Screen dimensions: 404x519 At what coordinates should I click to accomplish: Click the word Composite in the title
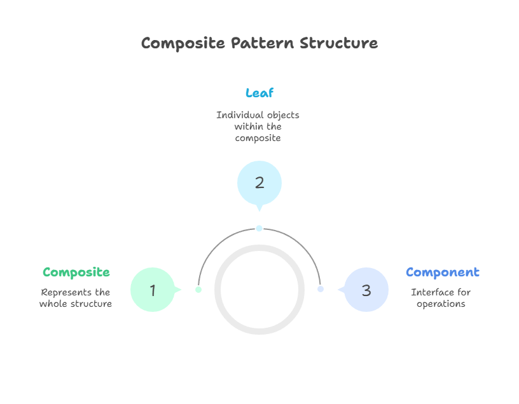pos(183,43)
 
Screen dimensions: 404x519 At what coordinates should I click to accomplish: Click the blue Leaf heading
pos(259,93)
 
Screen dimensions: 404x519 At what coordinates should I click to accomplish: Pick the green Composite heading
pos(76,273)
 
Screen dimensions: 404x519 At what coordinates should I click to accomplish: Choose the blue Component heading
pos(443,273)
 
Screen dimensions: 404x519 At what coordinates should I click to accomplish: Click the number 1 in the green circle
pos(153,290)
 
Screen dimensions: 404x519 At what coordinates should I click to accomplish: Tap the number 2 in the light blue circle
pos(259,183)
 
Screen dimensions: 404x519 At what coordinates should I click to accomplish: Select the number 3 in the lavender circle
pos(366,290)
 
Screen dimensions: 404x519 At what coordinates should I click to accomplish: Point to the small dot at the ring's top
pos(259,228)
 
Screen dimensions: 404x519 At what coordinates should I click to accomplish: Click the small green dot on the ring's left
pos(198,290)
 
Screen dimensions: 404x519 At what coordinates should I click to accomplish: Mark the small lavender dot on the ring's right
pos(321,289)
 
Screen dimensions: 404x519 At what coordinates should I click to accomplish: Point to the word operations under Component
pos(441,304)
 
